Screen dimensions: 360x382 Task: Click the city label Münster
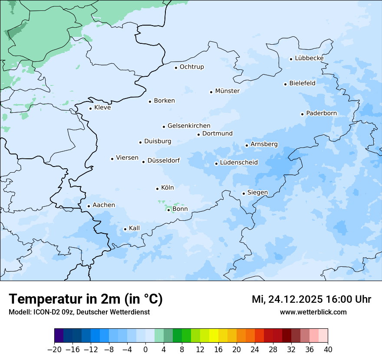click(227, 91)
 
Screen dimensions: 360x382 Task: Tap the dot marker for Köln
click(157, 189)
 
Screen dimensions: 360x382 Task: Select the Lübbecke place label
click(309, 58)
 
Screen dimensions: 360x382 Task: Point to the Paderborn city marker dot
click(302, 114)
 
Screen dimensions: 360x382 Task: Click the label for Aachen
click(104, 205)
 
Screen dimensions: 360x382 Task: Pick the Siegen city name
click(257, 193)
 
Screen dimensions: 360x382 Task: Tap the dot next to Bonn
click(168, 209)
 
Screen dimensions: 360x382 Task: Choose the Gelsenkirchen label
click(189, 126)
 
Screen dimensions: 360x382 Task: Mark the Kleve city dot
click(90, 108)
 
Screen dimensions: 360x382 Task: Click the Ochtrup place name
click(191, 67)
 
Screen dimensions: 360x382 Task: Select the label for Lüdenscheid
click(239, 163)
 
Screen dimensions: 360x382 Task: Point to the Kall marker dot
click(125, 229)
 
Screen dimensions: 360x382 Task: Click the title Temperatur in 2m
click(86, 299)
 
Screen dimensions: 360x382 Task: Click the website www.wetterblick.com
click(313, 312)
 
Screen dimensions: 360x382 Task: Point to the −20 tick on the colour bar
click(54, 349)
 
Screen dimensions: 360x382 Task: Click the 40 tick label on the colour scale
click(328, 349)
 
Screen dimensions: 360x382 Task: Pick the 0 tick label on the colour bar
click(145, 349)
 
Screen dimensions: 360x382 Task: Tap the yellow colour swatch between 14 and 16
click(214, 336)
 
